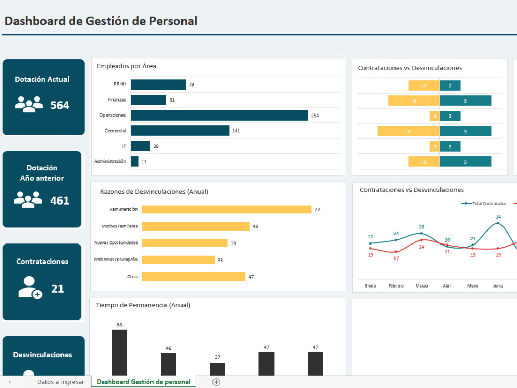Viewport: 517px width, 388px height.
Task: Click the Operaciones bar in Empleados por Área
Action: (x=219, y=116)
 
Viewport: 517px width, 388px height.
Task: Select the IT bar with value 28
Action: (x=141, y=146)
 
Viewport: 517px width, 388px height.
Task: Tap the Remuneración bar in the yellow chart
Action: (x=226, y=209)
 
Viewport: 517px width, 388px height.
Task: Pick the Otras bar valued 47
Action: (x=193, y=277)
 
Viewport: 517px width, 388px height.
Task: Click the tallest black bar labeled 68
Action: (x=119, y=352)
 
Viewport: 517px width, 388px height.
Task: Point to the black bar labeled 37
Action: (x=218, y=369)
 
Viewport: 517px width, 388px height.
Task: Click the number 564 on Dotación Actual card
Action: (x=59, y=105)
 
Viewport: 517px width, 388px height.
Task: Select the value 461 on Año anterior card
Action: (x=59, y=200)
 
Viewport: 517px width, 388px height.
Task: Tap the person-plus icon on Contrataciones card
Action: (x=29, y=288)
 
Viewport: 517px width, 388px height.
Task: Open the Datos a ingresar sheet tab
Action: (x=60, y=382)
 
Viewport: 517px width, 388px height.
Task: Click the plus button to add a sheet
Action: (x=216, y=382)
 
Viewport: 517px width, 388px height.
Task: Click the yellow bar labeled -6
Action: (x=408, y=131)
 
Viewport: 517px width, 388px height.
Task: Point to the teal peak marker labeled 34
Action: (x=498, y=223)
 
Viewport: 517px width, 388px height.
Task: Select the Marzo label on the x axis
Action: (x=421, y=285)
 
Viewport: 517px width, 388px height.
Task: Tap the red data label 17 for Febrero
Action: (x=396, y=258)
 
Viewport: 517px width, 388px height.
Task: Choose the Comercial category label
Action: (x=115, y=131)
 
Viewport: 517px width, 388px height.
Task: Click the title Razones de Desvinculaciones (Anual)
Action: (x=154, y=192)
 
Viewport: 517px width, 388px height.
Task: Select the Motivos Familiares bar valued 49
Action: (x=195, y=226)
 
